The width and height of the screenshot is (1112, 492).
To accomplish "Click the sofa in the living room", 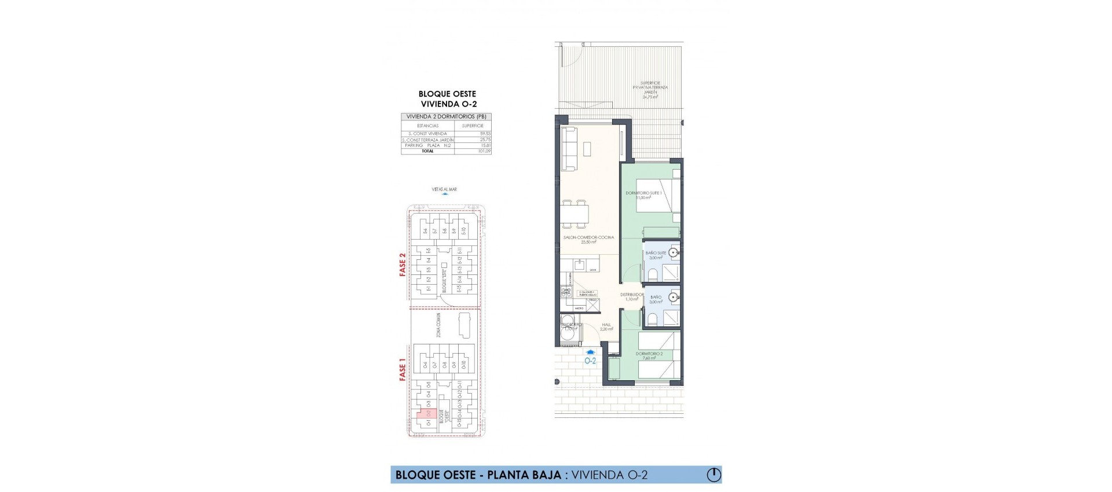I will click(x=569, y=149).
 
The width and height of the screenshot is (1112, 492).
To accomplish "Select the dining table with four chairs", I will click(x=575, y=214).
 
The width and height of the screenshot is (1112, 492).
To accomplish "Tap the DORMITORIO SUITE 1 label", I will click(x=643, y=193).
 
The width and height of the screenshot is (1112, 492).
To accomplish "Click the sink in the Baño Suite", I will click(x=673, y=253).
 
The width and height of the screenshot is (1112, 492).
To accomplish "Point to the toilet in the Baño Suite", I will click(x=652, y=274).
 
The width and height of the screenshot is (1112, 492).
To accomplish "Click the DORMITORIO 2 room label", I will click(x=649, y=354).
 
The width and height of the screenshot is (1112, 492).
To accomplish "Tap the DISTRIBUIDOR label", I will click(x=632, y=295).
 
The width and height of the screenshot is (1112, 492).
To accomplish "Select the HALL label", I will click(x=606, y=325).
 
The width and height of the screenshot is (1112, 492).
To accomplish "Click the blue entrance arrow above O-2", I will click(x=590, y=351).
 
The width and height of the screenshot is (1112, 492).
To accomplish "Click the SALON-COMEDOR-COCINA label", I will click(x=588, y=237).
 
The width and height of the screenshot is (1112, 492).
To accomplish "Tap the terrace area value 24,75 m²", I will click(x=650, y=97).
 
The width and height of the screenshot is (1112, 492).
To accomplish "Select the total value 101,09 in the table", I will click(x=484, y=151).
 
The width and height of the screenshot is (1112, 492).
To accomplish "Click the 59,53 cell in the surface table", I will click(x=484, y=134).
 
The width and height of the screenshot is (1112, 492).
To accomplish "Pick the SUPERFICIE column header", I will click(x=473, y=126).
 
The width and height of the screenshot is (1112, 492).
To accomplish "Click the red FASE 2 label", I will click(x=403, y=264).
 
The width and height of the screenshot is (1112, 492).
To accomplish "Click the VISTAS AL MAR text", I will click(x=444, y=189).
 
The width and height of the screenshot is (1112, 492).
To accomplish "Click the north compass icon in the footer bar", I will click(x=714, y=475).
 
